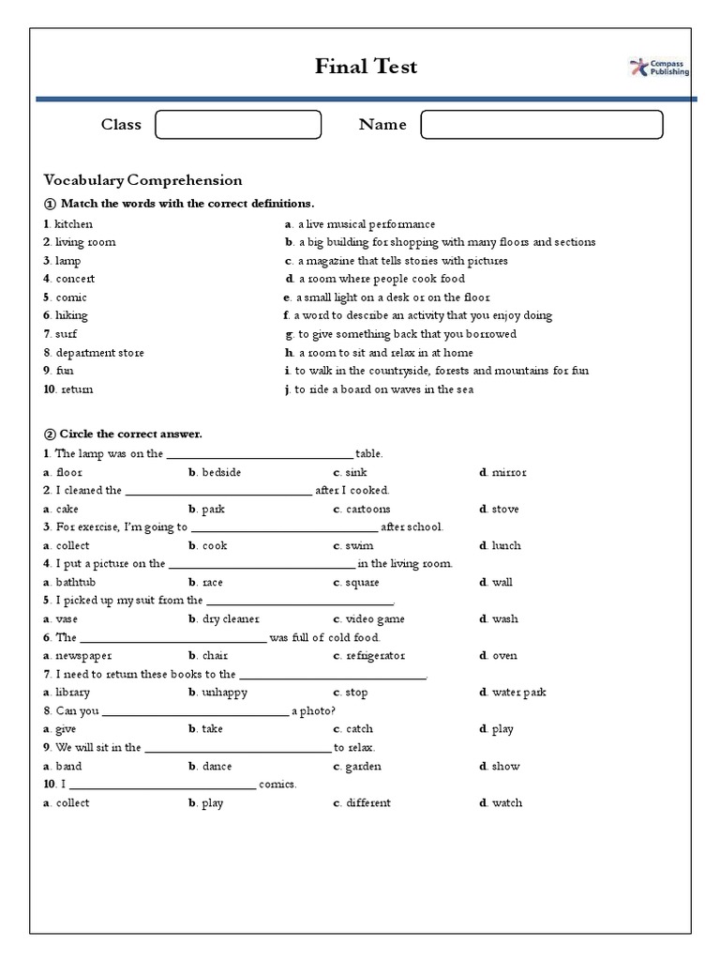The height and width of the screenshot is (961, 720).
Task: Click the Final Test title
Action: (x=366, y=67)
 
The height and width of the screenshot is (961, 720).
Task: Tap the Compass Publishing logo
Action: (x=659, y=67)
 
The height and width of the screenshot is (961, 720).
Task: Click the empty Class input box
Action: (x=238, y=125)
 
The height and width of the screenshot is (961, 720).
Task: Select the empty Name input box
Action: (x=542, y=125)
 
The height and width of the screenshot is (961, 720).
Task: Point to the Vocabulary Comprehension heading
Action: (x=142, y=180)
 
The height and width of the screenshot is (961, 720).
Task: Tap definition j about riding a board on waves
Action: (x=384, y=389)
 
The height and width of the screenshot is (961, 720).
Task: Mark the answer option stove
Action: (x=504, y=509)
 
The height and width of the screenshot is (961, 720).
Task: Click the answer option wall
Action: (x=502, y=582)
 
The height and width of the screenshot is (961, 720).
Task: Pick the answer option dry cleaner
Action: (x=230, y=619)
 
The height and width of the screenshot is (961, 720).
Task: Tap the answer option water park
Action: (x=518, y=693)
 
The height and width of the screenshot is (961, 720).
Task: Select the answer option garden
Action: (x=363, y=767)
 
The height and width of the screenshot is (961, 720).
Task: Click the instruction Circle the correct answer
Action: (x=130, y=435)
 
